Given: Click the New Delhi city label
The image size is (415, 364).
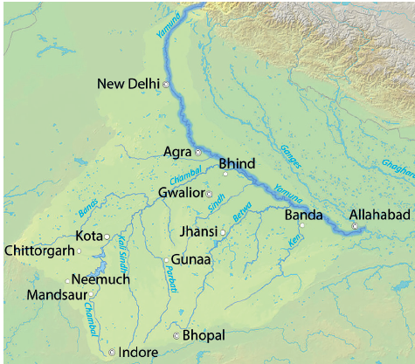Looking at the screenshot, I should (x=128, y=84).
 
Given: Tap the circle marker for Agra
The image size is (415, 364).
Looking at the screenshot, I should (x=197, y=152).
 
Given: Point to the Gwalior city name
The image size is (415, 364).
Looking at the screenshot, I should (x=181, y=192).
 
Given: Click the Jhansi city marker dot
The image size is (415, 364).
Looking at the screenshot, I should (x=224, y=232).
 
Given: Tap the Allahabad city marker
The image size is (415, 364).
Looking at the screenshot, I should (x=355, y=226).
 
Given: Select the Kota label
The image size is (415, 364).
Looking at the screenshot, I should (x=88, y=236).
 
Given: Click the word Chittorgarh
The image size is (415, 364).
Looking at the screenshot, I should (x=38, y=251).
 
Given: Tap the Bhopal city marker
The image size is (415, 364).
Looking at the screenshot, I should (x=176, y=335).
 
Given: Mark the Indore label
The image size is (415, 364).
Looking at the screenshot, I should (x=139, y=352).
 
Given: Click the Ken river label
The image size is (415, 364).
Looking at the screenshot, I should (x=294, y=239).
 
